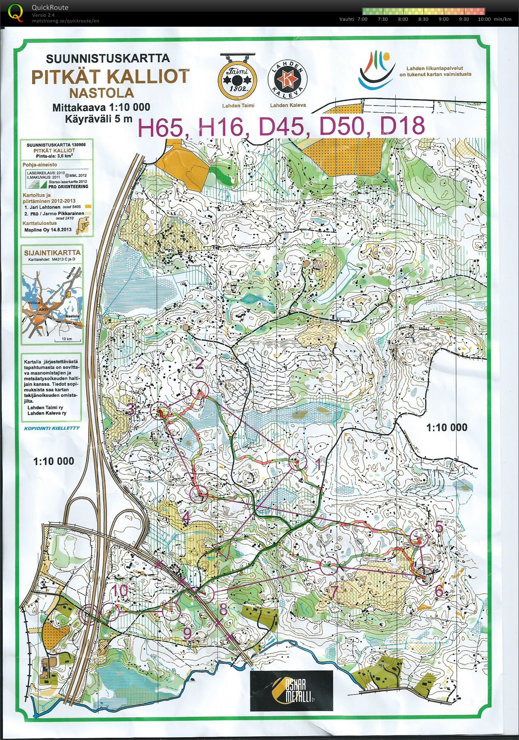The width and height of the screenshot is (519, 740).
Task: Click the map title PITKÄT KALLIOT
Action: (111, 76)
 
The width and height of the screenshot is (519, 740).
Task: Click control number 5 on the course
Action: (439, 527)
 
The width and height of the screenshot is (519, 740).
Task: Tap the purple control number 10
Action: (120, 590)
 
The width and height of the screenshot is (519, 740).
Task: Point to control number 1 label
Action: (319, 465)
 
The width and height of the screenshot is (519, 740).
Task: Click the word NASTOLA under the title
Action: (102, 93)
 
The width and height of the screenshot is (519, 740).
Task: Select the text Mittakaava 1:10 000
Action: (101, 107)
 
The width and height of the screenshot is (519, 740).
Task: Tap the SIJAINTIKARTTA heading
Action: (52, 252)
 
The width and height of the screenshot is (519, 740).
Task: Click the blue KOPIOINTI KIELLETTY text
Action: (52, 428)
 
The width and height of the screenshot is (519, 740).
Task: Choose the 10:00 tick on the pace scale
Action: (484, 19)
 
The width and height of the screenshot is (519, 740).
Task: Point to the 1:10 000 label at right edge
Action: (447, 427)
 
